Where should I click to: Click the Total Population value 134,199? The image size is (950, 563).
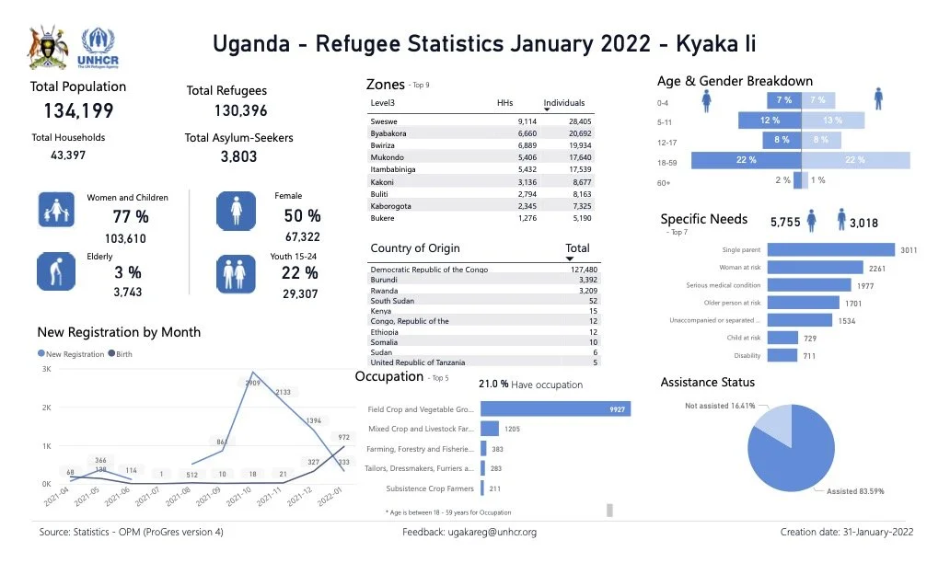tap(78, 111)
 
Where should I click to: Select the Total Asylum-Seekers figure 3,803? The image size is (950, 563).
tap(238, 156)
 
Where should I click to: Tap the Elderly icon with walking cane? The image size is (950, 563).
tap(55, 274)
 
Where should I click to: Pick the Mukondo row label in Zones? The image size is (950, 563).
tap(388, 157)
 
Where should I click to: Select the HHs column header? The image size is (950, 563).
tap(504, 103)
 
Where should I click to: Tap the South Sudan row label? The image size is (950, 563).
tap(392, 301)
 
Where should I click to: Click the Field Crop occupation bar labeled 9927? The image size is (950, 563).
tap(555, 409)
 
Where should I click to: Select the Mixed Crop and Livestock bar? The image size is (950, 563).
tap(490, 429)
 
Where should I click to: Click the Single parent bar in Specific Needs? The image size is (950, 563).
tap(830, 250)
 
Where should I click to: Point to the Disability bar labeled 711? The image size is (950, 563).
tap(782, 355)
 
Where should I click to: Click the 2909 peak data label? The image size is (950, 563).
tap(254, 382)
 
